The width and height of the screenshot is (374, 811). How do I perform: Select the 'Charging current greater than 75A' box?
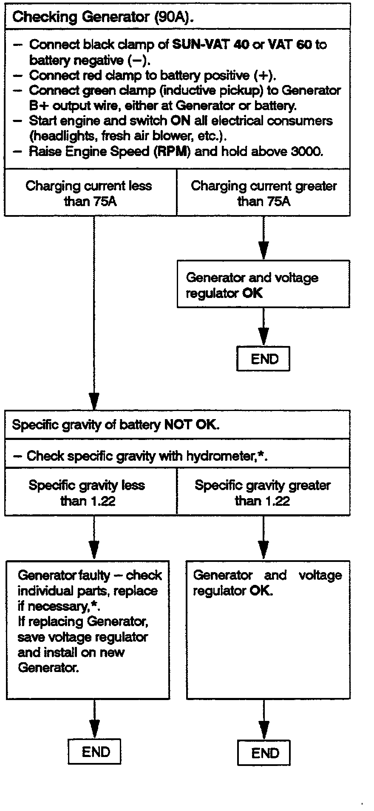263,193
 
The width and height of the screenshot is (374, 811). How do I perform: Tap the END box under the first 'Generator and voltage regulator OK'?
263,359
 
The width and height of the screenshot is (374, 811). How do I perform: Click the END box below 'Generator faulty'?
95,751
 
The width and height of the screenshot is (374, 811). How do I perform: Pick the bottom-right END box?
264,753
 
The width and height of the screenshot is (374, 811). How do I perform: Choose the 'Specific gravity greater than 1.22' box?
263,493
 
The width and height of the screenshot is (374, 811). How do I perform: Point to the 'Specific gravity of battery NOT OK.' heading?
116,425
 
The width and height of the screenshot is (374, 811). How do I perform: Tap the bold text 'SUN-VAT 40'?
210,45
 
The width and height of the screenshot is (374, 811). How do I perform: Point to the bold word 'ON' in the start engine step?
180,121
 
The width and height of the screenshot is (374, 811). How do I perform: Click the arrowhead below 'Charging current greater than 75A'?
263,250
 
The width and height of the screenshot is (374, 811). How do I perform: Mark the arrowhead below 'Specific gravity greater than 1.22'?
263,549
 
